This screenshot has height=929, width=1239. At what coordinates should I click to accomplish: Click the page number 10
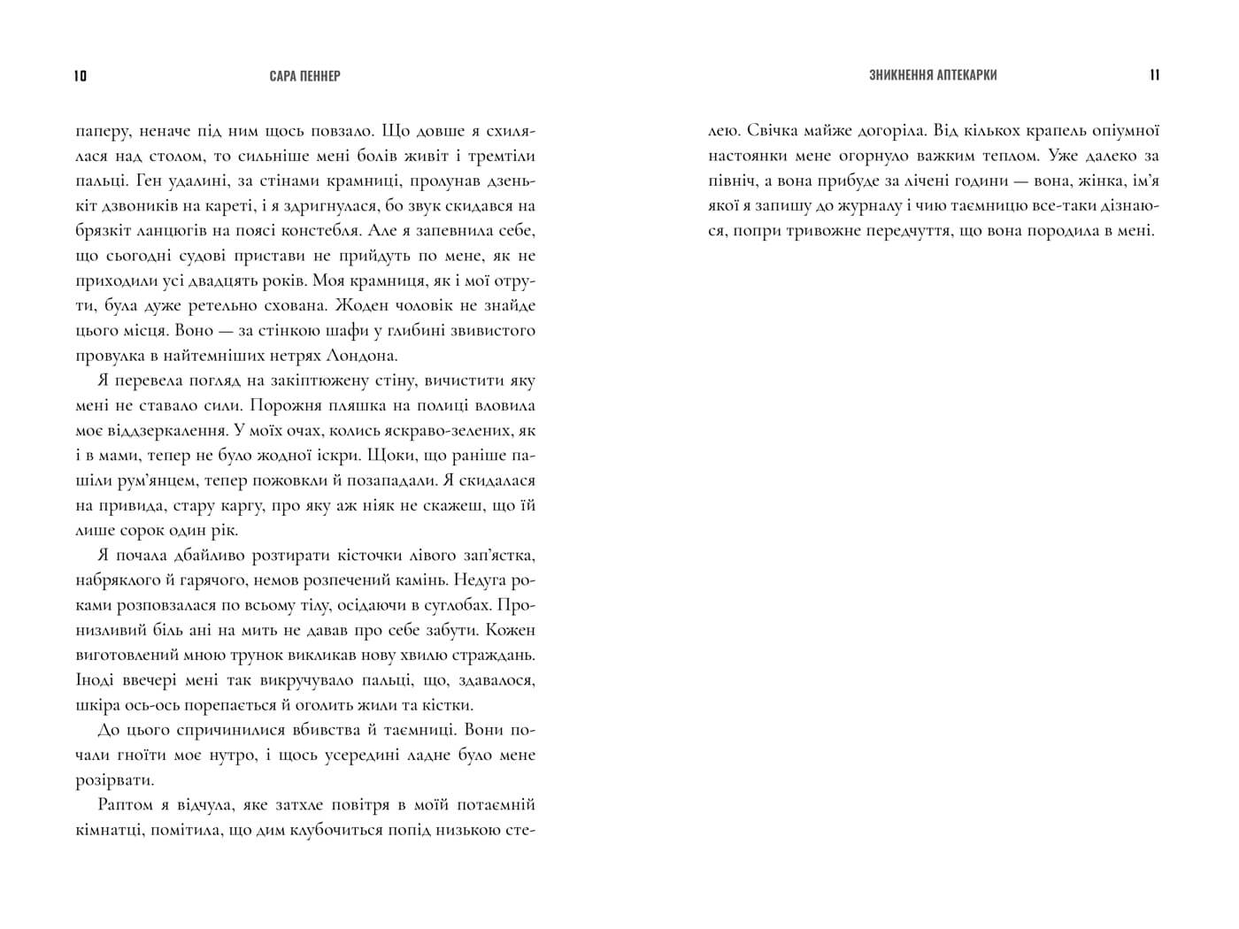[x=81, y=76]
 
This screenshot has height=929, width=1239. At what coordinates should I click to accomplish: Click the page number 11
[x=1154, y=75]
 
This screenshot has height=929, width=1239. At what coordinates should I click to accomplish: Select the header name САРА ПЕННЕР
[x=305, y=76]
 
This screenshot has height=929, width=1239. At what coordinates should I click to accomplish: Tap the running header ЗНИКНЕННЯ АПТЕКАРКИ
[x=933, y=75]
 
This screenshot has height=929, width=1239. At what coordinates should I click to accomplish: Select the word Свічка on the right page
[x=775, y=131]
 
